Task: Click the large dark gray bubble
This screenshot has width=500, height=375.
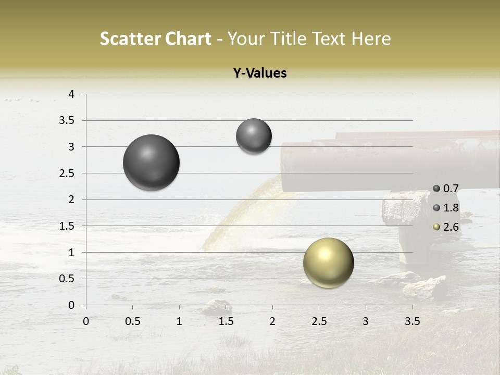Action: tap(152, 162)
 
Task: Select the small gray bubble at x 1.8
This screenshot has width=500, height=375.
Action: tap(254, 136)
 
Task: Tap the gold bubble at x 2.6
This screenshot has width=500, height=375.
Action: tap(328, 262)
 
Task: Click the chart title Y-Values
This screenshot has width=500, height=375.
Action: tap(260, 73)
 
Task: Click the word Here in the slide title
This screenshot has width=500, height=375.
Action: tap(370, 39)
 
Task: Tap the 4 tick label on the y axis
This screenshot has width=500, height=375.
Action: tap(72, 94)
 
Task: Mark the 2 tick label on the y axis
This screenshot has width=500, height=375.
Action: tap(72, 199)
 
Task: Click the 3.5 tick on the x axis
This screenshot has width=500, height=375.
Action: tap(412, 321)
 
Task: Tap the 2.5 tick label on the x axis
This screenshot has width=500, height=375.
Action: tap(319, 321)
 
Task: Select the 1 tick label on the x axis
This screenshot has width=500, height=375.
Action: tap(179, 321)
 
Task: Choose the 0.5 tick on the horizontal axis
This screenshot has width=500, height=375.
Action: tap(132, 321)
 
